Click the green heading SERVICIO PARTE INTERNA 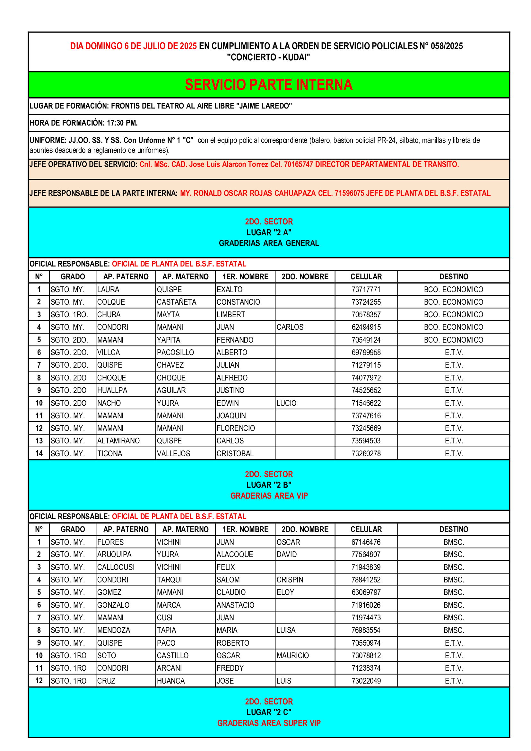pos(268,85)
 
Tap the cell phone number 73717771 pos(366,290)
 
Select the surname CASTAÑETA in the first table pos(177,302)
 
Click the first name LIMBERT pos(231,314)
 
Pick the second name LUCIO pos(286,403)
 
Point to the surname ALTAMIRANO pos(118,441)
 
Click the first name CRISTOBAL pos(235,453)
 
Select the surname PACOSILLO pos(175,352)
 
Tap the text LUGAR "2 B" pos(269,485)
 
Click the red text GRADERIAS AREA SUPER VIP pos(269,723)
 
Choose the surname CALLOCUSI pos(116,567)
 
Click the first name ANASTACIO pos(235,605)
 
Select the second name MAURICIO pos(293,656)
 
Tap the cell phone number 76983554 pos(366,630)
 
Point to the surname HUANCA pos(171,681)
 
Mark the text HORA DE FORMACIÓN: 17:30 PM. pos(84,123)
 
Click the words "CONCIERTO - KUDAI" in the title pos(268,57)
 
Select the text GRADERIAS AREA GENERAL pos(269,243)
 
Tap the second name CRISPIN pos(290,580)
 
